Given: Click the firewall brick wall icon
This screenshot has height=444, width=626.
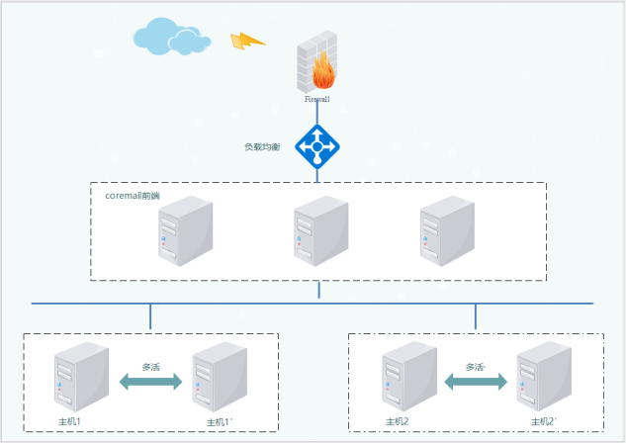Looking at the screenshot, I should pyautogui.click(x=316, y=57).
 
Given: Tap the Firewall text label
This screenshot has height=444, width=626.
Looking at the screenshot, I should pyautogui.click(x=317, y=100).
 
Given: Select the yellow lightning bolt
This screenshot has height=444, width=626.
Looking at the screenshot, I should pyautogui.click(x=246, y=42).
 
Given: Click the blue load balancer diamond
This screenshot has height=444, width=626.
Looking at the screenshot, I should pyautogui.click(x=317, y=147).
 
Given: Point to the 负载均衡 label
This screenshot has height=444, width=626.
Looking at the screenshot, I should pyautogui.click(x=262, y=146).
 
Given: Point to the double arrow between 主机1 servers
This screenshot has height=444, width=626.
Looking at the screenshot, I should pyautogui.click(x=151, y=382).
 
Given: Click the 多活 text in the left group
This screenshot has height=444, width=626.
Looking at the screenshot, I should pyautogui.click(x=151, y=366).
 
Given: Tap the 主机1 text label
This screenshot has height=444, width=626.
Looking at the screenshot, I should pyautogui.click(x=69, y=422).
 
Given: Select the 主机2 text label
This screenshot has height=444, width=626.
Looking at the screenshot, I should pyautogui.click(x=398, y=422).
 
